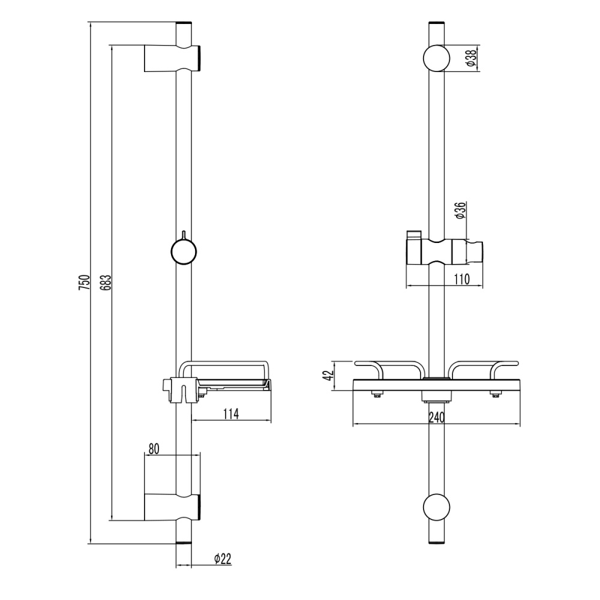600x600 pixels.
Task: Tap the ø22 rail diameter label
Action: (x=223, y=559)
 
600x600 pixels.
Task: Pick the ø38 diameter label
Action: (x=472, y=58)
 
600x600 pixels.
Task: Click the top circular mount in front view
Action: (x=437, y=58)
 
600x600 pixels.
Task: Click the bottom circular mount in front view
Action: (x=437, y=507)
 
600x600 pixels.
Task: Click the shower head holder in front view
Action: (x=444, y=251)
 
